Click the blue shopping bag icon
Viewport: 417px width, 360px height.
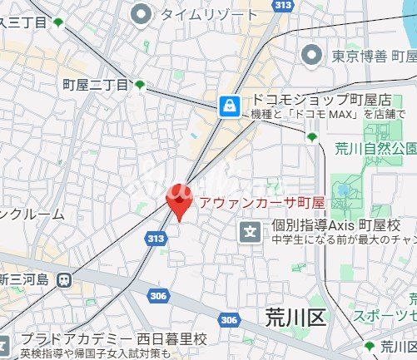[x=227, y=105]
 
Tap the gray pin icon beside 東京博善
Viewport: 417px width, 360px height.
[x=312, y=55]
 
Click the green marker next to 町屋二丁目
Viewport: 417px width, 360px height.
[x=140, y=84]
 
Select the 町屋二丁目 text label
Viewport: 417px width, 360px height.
[x=96, y=85]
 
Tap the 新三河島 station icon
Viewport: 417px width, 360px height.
[x=63, y=279]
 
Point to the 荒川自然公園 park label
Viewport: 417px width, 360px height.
[x=375, y=149]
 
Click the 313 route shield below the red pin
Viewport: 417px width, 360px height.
[x=154, y=238]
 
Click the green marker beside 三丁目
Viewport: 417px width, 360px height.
[x=57, y=22]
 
